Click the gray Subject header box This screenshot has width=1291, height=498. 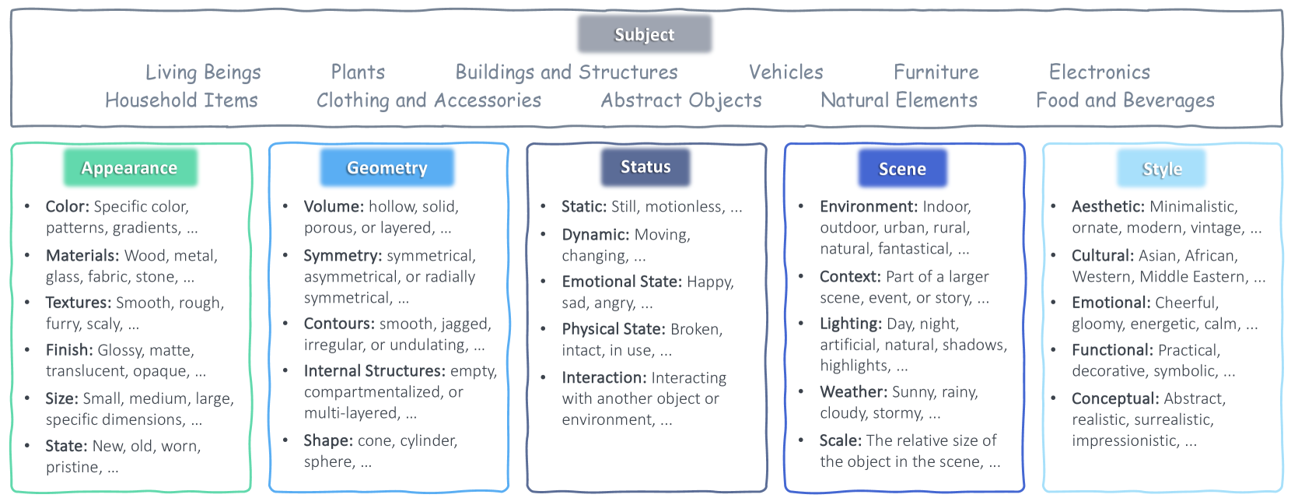[645, 34]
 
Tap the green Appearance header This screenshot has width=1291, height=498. [130, 168]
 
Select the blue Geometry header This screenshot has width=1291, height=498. [387, 168]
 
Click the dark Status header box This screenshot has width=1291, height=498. [645, 167]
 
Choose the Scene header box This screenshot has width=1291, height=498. [903, 168]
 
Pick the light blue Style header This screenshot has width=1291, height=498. [1162, 168]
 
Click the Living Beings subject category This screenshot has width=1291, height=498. [203, 72]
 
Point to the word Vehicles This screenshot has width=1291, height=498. [785, 72]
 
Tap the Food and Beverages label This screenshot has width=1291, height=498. [1125, 101]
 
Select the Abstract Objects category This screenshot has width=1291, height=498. [681, 101]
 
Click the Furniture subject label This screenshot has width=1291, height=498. [936, 72]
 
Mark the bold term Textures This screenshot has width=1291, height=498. [79, 303]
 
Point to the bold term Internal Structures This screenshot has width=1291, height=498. [375, 370]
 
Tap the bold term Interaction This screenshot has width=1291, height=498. [604, 377]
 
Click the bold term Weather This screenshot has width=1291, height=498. [854, 392]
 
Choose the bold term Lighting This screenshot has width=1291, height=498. [851, 324]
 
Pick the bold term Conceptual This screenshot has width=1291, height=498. [1115, 399]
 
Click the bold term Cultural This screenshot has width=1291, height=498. [1103, 255]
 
